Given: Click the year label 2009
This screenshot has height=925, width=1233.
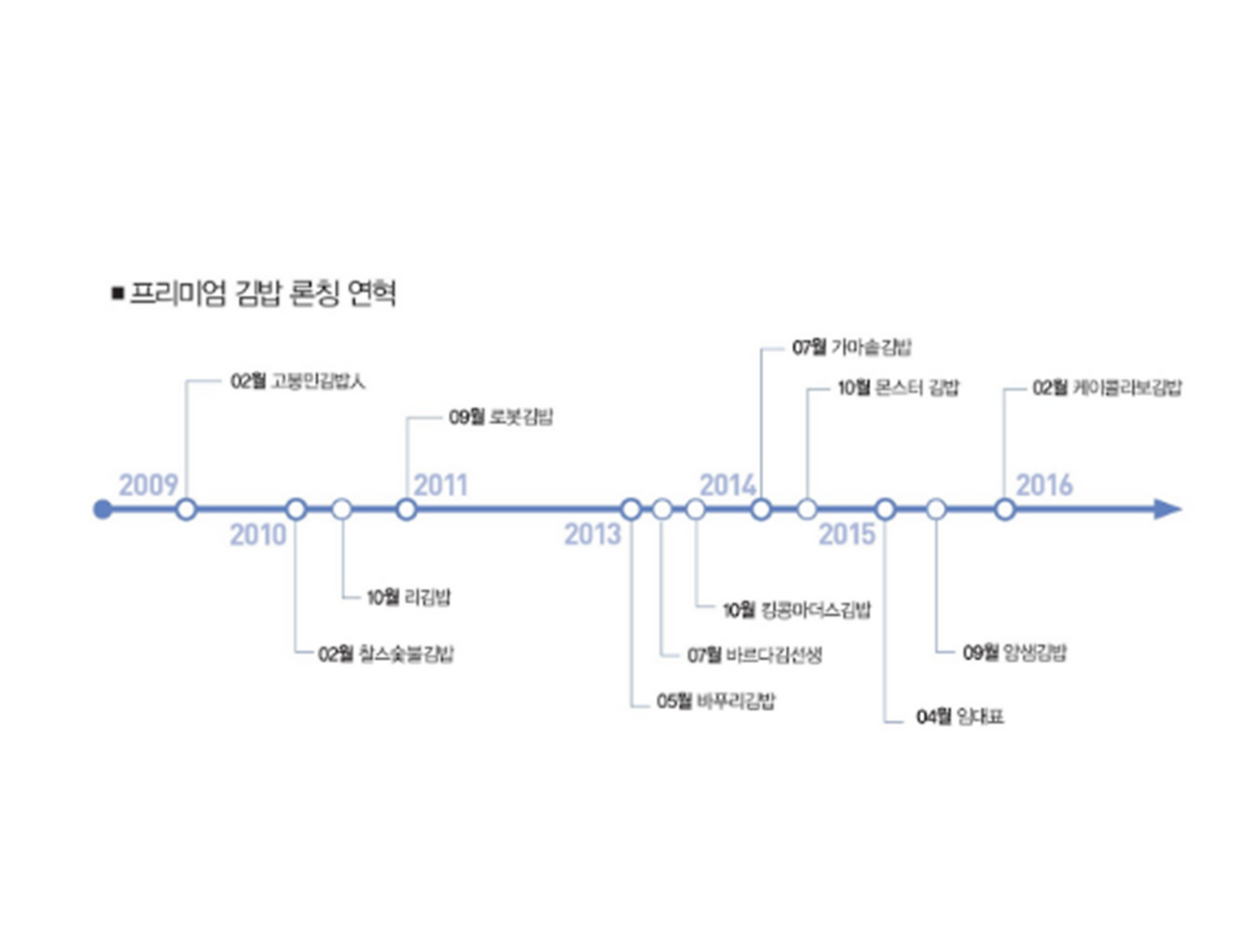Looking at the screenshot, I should pos(148,485).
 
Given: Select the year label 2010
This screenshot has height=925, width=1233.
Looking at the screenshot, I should pos(257,534).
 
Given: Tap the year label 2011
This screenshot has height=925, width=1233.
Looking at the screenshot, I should pos(440,485).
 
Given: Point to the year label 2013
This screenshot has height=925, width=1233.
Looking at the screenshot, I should pos(592,534).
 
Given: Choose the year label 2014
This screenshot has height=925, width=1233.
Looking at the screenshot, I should pos(727,485).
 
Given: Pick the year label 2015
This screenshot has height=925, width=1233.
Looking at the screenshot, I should pos(847,534).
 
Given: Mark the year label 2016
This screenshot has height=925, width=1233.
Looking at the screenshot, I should pos(1044,485).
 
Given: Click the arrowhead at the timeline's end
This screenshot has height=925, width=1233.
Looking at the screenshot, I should pos(1167,509).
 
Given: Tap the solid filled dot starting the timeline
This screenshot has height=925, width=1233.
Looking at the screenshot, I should pos(102,509).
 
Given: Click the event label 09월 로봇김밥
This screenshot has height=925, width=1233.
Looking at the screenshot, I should pos(501,417).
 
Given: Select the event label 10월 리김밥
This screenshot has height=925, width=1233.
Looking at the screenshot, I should pos(408,597).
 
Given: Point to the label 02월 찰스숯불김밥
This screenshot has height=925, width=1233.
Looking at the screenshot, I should pos(385,654).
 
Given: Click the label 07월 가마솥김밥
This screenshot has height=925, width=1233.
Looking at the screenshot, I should pos(852,347).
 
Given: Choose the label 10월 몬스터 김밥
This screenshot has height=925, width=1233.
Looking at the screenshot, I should pos(898,388).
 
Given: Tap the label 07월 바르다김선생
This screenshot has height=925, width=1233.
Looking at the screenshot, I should pos(754,655).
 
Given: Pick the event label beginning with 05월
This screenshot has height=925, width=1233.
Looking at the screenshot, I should pos(716,700).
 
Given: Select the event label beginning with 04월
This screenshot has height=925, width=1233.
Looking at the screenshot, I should pos(959,717).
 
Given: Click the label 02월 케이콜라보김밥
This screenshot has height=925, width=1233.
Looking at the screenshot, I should pos(1107,388).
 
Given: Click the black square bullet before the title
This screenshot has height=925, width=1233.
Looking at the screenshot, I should pos(118,293).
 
